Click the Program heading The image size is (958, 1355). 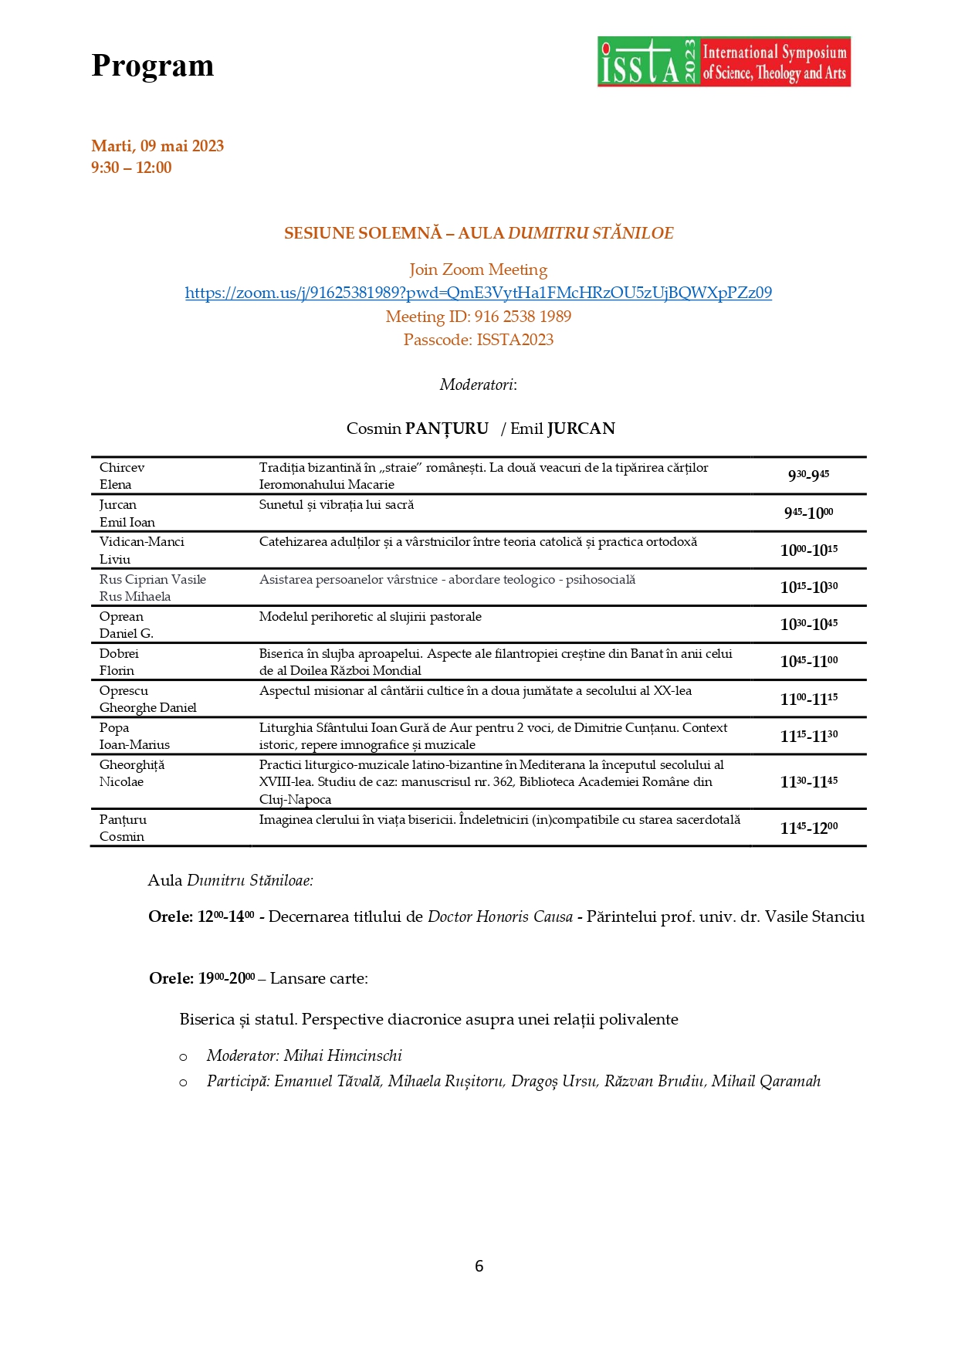[x=152, y=66]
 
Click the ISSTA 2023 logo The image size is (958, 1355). [x=723, y=62]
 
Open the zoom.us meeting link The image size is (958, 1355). [x=478, y=293]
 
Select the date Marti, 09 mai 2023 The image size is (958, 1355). [x=157, y=146]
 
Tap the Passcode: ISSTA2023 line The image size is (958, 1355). [x=478, y=340]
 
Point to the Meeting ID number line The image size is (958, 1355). [x=478, y=317]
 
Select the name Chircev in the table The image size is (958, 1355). [x=122, y=468]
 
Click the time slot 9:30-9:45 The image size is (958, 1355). [x=808, y=475]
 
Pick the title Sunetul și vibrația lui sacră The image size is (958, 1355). [x=337, y=505]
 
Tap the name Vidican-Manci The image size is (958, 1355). [x=142, y=542]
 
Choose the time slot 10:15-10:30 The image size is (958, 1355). [x=808, y=588]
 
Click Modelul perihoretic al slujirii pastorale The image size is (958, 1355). [x=371, y=617]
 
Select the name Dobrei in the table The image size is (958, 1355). [x=119, y=654]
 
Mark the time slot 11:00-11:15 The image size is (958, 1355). [x=808, y=699]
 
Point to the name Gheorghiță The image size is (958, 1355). [x=132, y=765]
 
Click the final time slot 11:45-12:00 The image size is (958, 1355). [x=808, y=828]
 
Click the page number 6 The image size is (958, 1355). [x=479, y=1266]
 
